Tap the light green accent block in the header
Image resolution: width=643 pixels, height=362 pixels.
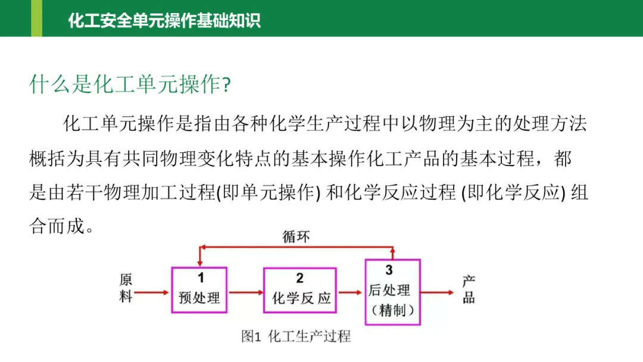click(x=36, y=18)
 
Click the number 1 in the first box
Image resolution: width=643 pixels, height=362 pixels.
click(x=200, y=277)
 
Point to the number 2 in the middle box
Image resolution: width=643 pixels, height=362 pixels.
click(x=299, y=278)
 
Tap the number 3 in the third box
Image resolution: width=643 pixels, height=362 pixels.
click(x=389, y=270)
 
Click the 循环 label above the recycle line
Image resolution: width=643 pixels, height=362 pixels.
click(x=296, y=236)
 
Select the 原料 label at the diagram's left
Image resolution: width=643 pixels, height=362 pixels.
click(x=126, y=288)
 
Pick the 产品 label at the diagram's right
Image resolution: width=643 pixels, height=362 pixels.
click(x=469, y=290)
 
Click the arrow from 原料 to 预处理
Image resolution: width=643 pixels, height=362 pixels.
click(x=152, y=292)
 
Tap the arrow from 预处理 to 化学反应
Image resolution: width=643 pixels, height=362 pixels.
click(x=246, y=292)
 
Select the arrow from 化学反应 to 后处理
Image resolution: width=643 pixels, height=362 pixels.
click(x=350, y=292)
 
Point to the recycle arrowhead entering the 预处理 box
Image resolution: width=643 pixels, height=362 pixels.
click(x=200, y=262)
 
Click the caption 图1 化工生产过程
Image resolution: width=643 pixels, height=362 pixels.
click(x=296, y=336)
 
